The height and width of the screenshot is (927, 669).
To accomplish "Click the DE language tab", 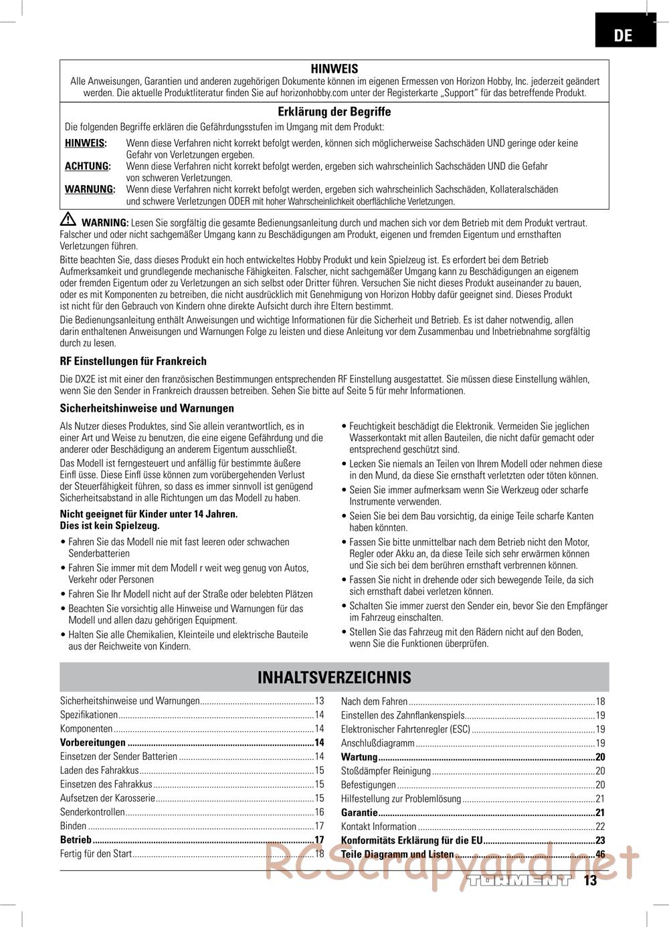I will tap(622, 35).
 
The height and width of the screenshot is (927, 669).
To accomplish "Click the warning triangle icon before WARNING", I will tap(68, 221).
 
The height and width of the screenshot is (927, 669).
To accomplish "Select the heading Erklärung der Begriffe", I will tap(334, 112).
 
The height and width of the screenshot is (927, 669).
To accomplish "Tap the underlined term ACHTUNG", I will tap(87, 166).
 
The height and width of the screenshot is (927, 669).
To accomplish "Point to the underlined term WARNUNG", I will tap(90, 189).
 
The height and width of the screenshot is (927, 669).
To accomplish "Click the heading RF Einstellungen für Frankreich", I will tap(133, 361).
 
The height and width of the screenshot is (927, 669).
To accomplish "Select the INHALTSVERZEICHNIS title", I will tap(334, 678).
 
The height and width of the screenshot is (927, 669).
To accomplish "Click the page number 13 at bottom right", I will tap(589, 880).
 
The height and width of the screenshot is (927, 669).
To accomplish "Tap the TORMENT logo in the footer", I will tap(520, 880).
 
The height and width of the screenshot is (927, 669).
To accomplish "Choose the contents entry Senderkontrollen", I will tap(92, 812).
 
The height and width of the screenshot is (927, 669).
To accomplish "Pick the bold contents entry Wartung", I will tap(359, 757).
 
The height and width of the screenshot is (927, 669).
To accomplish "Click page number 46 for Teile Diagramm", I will tap(600, 854).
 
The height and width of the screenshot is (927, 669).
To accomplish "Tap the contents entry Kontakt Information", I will tap(379, 827).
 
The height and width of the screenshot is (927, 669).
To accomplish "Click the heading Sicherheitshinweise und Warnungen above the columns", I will tap(147, 408).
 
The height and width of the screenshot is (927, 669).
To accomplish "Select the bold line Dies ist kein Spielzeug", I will tap(110, 525).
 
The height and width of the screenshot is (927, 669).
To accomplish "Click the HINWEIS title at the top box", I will tap(334, 69).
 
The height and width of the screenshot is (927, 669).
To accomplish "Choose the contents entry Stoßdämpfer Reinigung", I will tap(386, 771).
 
